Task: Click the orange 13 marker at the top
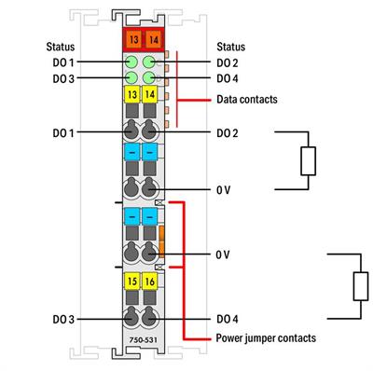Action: (130, 39)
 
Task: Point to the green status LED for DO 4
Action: (148, 77)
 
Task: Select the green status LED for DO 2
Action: (148, 62)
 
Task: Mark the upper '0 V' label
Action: (224, 189)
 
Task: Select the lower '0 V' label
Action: (224, 254)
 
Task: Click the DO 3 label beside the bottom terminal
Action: (64, 319)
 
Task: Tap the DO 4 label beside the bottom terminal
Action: (228, 319)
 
